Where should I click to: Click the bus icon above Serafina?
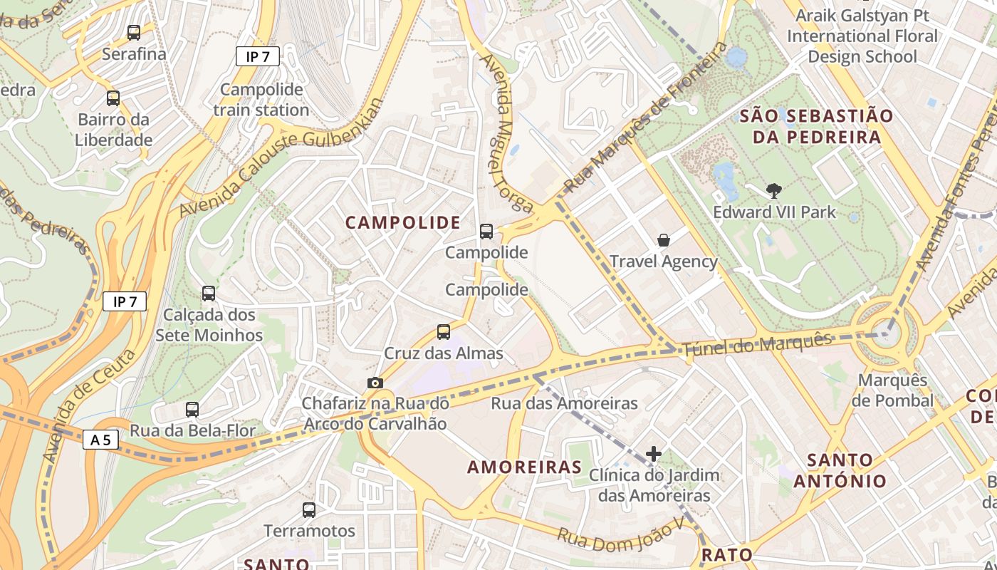[133, 32]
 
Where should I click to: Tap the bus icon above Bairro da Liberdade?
[113, 98]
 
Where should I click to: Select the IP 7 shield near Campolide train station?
[258, 56]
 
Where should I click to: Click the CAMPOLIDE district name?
[403, 223]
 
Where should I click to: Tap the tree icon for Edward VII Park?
[773, 190]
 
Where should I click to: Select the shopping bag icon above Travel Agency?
[664, 240]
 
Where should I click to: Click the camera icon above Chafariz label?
[375, 383]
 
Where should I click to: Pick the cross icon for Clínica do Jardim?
[654, 453]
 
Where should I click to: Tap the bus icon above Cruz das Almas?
[444, 331]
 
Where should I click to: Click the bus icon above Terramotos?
[308, 509]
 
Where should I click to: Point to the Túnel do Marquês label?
[756, 346]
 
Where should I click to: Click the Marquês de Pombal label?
[892, 390]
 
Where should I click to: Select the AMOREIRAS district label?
[525, 467]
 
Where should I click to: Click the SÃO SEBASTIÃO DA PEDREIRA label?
[816, 126]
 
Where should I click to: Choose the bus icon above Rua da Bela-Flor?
[192, 410]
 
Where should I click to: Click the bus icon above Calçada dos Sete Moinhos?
[209, 294]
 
